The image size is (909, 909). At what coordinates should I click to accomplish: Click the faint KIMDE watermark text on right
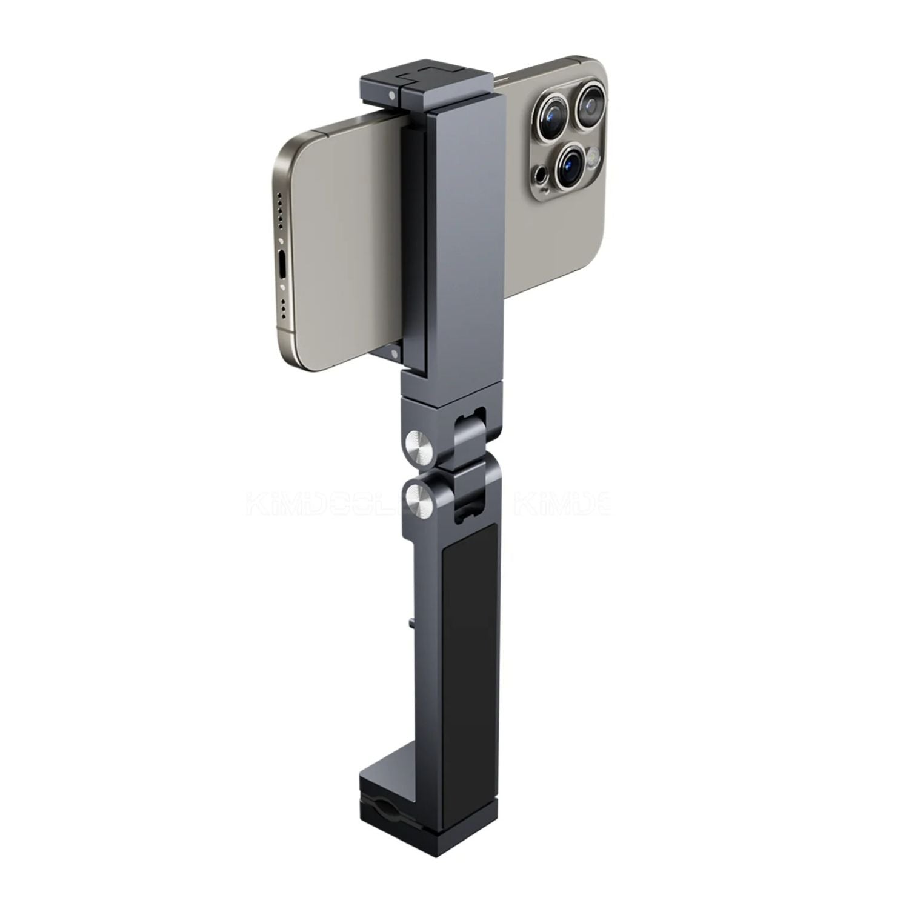point(561,504)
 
